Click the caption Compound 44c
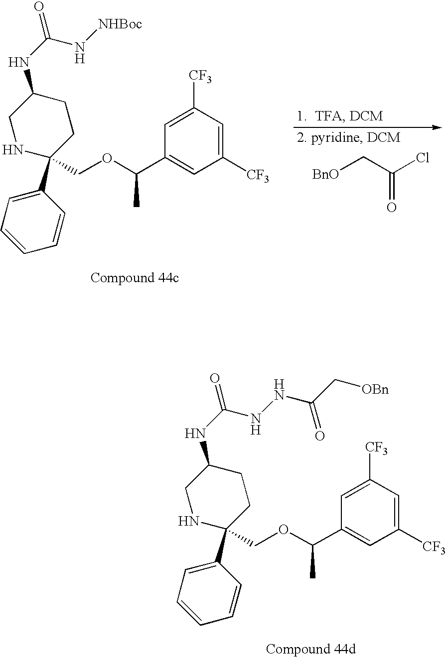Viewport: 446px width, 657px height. [135, 278]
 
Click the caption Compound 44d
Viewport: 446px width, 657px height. [311, 649]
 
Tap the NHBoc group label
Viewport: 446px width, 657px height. [120, 23]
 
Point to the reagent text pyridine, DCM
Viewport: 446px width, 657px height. [349, 138]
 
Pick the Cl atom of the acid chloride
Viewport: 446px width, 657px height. [423, 159]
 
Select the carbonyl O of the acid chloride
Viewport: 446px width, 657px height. [392, 207]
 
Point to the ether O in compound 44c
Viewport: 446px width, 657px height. [107, 159]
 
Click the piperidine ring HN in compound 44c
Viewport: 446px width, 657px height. [13, 150]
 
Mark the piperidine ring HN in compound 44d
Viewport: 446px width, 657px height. [190, 521]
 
